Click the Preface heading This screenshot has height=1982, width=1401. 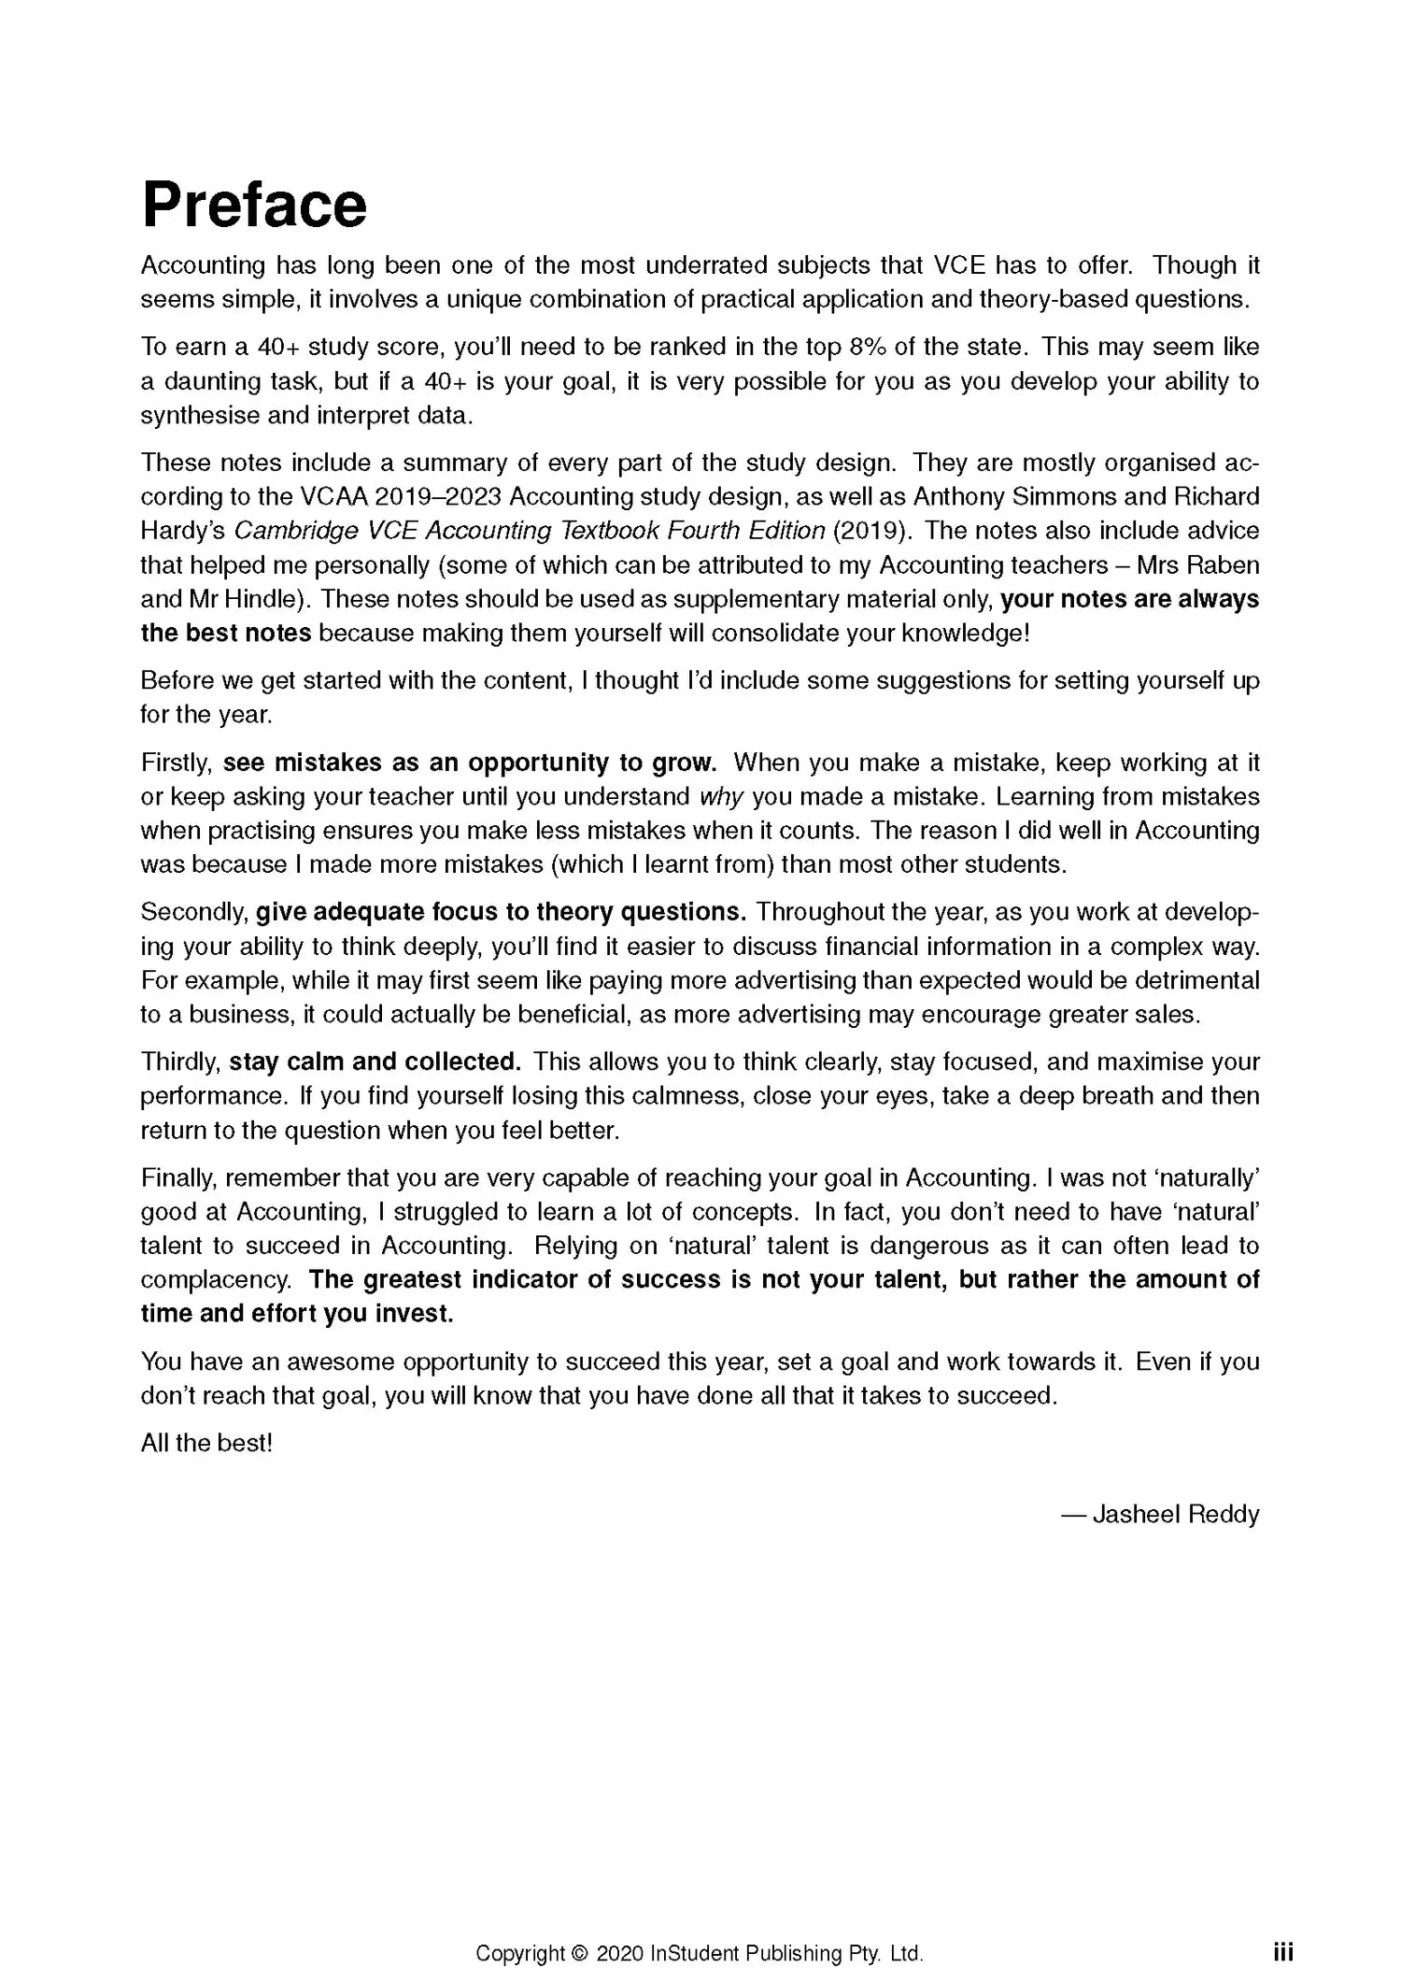pyautogui.click(x=254, y=206)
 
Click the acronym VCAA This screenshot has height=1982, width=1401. pyautogui.click(x=333, y=497)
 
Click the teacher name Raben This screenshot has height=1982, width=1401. pyautogui.click(x=1224, y=565)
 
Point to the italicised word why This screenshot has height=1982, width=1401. pyautogui.click(x=721, y=797)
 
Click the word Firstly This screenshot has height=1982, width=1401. pyautogui.click(x=177, y=763)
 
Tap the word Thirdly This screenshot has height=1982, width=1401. pyautogui.click(x=181, y=1062)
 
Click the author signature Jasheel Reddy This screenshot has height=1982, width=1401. pyautogui.click(x=1175, y=1514)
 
